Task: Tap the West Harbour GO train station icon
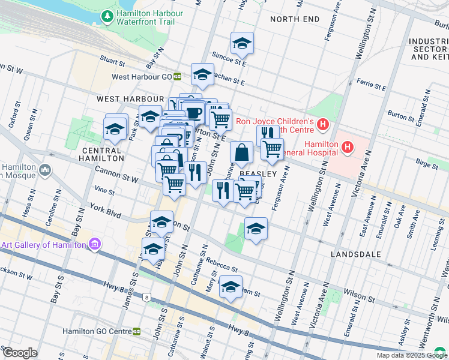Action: click(178, 76)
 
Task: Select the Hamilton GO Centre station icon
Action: click(137, 331)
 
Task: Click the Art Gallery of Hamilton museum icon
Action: click(94, 244)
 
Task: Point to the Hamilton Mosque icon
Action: click(46, 172)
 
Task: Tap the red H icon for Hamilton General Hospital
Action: click(347, 146)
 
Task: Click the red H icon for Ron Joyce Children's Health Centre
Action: click(323, 125)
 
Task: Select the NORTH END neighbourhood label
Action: click(295, 19)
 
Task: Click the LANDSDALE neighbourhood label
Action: click(356, 254)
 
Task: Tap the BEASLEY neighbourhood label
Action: click(258, 173)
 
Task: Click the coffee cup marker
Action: click(193, 112)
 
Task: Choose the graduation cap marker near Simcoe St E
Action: click(242, 43)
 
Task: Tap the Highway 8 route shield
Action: click(146, 296)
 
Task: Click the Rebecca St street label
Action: click(222, 262)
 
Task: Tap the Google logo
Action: click(20, 353)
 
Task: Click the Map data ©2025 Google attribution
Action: click(411, 355)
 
